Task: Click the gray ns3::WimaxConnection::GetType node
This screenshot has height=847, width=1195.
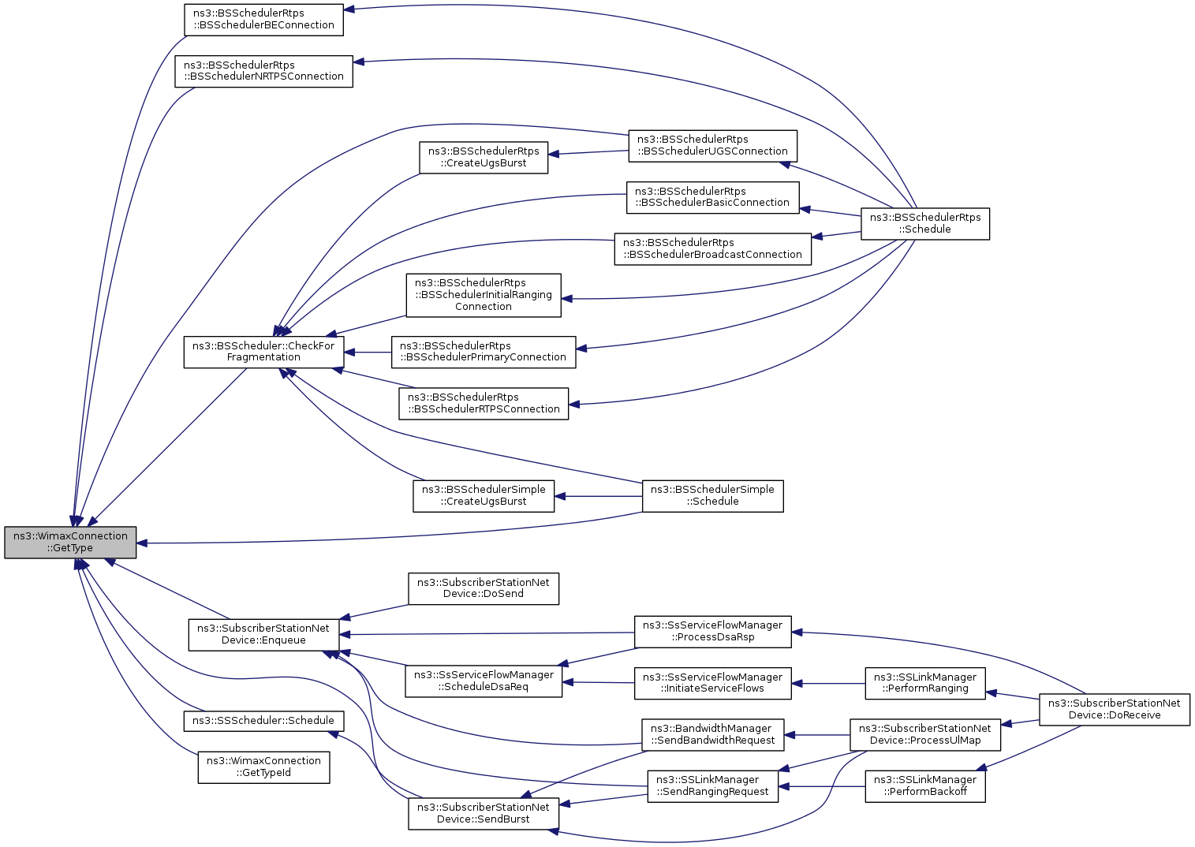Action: (70, 543)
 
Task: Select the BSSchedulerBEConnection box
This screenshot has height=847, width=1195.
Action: (263, 20)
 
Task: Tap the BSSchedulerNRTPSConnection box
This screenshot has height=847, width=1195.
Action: (263, 71)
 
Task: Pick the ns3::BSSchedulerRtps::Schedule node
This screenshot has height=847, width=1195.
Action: (924, 224)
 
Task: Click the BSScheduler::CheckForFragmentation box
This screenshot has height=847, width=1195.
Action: (263, 352)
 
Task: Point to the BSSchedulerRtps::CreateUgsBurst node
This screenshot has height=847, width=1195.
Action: (484, 158)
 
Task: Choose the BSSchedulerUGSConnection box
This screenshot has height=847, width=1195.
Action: (712, 146)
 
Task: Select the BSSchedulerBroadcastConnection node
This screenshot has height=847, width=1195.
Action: (712, 249)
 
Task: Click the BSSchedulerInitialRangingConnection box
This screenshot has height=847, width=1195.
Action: (484, 296)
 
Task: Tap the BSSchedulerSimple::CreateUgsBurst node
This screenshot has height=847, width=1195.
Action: (484, 496)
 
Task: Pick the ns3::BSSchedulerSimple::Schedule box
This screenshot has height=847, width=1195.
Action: (712, 496)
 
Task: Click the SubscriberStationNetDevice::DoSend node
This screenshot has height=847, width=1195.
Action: (483, 588)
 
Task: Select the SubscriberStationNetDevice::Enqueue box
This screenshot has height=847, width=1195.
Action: (263, 635)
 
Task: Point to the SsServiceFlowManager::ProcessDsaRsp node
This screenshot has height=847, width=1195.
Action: (712, 632)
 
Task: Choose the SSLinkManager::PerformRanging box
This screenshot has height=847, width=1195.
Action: (924, 683)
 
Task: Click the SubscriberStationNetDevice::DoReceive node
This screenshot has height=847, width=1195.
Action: (1114, 710)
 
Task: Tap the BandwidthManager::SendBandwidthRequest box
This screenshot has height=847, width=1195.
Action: (712, 735)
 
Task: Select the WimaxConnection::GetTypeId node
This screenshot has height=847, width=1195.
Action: (263, 767)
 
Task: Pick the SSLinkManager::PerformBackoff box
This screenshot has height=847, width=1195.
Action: (924, 786)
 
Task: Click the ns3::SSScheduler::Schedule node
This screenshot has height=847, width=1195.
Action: (263, 721)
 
